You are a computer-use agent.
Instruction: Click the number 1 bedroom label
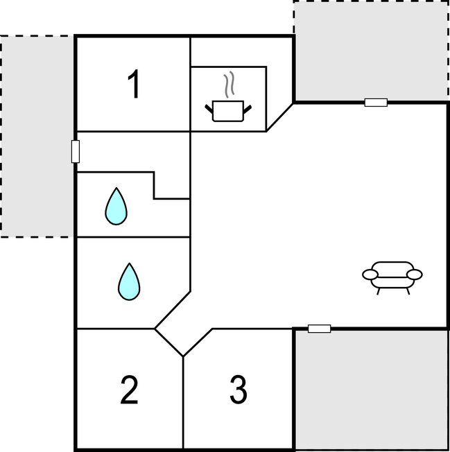134,84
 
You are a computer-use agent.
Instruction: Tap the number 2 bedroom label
129,390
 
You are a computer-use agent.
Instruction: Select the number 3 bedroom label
239,390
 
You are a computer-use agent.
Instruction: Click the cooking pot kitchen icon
228,111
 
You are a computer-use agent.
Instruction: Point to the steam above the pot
229,84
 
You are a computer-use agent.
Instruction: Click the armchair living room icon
392,277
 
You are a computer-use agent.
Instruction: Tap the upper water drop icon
116,207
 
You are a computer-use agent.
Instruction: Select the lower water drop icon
129,281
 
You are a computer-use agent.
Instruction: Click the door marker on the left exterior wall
76,152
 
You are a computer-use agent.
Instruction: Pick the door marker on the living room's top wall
376,103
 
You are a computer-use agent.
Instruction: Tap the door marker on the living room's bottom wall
320,329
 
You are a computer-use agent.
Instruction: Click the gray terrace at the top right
371,51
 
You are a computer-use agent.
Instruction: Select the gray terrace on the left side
37,137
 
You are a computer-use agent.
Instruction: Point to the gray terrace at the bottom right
372,389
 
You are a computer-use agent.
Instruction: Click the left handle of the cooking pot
209,109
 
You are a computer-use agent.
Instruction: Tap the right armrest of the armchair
414,275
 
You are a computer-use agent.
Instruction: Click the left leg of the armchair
378,291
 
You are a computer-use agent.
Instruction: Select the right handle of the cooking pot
248,110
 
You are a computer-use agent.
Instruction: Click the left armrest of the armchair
370,275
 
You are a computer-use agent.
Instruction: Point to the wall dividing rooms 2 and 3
183,402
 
